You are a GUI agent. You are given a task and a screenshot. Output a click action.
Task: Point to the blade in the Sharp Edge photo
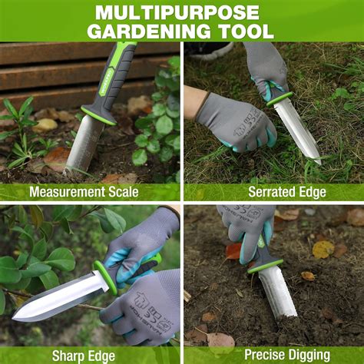tap(58, 298)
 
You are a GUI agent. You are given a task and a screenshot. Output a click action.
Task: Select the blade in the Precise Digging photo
tap(277, 292)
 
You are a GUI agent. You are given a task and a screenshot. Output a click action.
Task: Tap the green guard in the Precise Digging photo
tap(266, 266)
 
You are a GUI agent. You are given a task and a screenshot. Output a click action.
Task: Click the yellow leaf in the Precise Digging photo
tap(323, 249)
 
